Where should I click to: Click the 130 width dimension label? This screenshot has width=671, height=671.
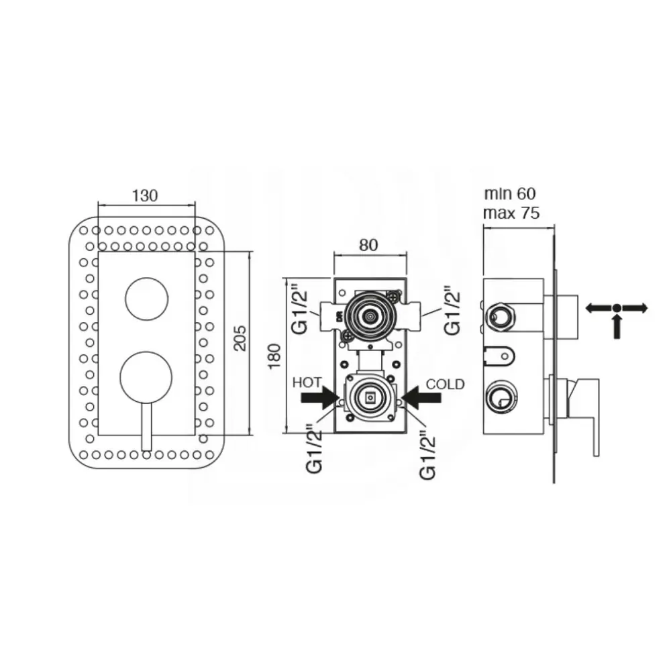click(145, 195)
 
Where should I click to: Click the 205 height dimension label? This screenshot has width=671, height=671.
click(240, 338)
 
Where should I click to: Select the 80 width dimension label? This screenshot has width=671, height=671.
click(368, 245)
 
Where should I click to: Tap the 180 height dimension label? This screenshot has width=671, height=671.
click(274, 356)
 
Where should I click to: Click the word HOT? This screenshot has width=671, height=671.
click(307, 382)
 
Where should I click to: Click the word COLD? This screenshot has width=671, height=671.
click(445, 384)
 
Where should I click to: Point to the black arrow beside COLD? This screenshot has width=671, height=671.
click(421, 398)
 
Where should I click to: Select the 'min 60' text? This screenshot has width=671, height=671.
click(510, 194)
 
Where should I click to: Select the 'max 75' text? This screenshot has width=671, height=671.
click(511, 213)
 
